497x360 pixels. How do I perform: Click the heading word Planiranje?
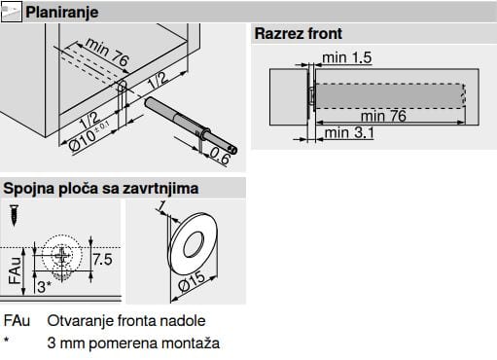pos(61,13)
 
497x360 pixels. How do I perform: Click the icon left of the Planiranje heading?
pos(12,12)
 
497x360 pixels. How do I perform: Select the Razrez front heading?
pos(299,33)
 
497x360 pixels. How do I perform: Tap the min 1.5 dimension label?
pos(347,57)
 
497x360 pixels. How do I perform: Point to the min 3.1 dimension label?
pos(349,132)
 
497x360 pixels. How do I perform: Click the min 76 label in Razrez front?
pos(383,116)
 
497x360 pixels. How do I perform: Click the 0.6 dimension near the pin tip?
pos(220,156)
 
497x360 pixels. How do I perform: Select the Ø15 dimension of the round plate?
pos(192,281)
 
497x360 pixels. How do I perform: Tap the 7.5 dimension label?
pos(102,260)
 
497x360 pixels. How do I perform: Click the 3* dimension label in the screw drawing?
pos(44,287)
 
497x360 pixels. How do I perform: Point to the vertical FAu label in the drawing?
pos(15,270)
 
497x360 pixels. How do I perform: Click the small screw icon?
pos(15,215)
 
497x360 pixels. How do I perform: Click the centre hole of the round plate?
pos(194,244)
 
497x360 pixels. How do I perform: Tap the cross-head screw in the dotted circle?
pos(62,256)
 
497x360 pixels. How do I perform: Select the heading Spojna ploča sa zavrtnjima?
pos(101,189)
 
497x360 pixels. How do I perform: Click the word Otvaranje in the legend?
pos(80,321)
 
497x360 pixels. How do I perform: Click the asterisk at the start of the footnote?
pos(6,340)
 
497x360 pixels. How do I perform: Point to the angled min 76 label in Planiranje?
pos(108,52)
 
